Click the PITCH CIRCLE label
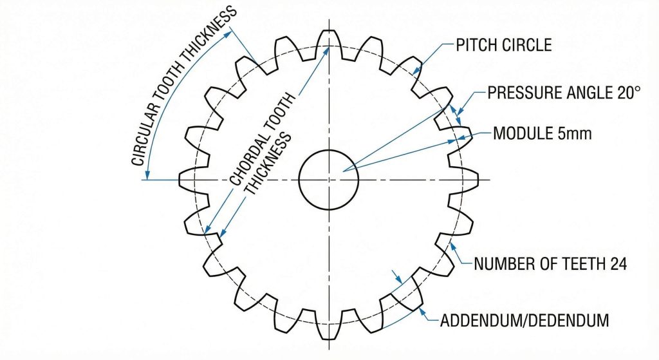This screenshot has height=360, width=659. click(503, 46)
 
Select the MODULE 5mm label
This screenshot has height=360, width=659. click(543, 135)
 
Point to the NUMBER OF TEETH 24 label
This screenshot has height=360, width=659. click(550, 263)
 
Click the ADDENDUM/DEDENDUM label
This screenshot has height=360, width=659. click(524, 320)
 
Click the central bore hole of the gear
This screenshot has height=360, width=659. click(329, 180)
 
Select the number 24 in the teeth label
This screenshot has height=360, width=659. click(618, 263)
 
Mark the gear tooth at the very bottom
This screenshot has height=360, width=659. click(329, 331)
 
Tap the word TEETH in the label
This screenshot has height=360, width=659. click(579, 263)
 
